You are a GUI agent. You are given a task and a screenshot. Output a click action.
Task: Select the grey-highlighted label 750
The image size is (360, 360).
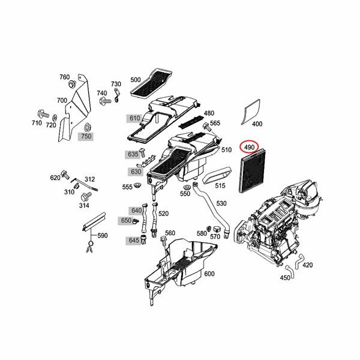(x=86, y=137)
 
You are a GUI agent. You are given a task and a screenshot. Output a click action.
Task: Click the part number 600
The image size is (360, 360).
(x=209, y=274)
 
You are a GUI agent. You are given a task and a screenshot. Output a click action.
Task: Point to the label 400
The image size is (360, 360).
(x=257, y=124)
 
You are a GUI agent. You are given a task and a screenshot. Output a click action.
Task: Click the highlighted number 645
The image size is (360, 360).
(x=133, y=241)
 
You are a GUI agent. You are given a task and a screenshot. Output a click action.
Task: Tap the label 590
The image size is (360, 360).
(x=103, y=236)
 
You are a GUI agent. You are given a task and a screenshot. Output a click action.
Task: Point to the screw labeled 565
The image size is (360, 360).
(x=206, y=126)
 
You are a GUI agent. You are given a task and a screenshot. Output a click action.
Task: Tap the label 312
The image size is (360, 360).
(x=90, y=179)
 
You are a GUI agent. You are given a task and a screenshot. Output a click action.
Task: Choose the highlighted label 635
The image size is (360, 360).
(x=133, y=154)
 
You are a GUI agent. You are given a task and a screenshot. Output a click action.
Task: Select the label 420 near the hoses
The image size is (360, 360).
(x=307, y=265)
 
